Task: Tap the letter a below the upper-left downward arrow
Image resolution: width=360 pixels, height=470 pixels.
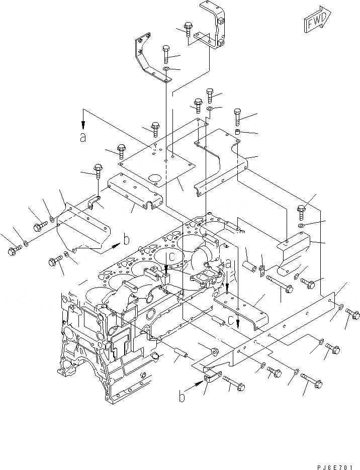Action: pos(83,138)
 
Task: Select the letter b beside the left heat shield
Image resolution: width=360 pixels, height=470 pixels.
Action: pos(127,240)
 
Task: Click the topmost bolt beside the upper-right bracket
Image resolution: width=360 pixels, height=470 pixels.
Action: pos(188,29)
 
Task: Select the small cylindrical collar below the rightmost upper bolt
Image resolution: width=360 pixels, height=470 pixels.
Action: pos(237,132)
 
